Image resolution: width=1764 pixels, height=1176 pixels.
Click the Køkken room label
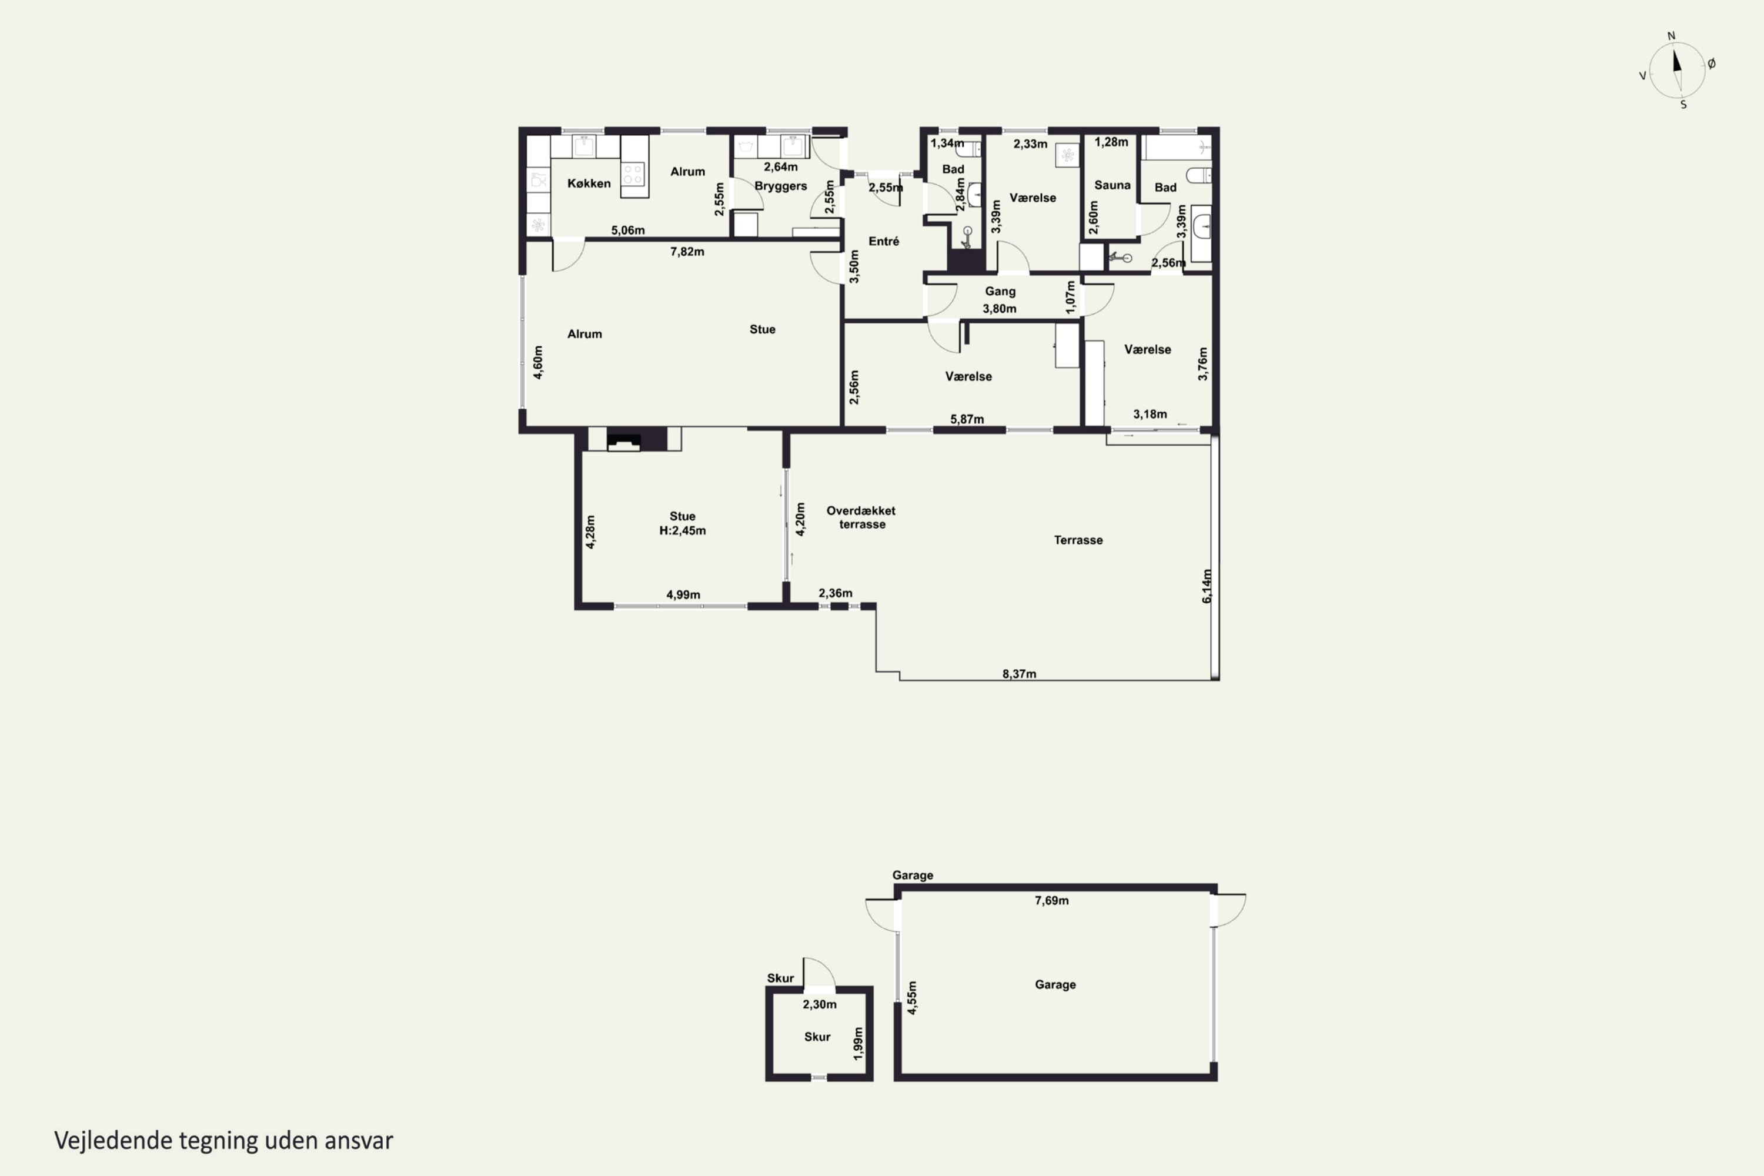[589, 183]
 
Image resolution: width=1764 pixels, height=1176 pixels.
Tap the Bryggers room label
[781, 186]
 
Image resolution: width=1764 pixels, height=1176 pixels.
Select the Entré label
[884, 240]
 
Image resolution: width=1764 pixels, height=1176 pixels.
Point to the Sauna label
[1112, 185]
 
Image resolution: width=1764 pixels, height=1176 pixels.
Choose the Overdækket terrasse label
[861, 517]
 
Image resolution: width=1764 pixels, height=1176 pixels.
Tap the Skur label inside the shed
[817, 1037]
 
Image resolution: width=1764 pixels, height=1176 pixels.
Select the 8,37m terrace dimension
[1019, 673]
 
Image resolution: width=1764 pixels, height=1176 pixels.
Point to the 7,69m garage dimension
[1051, 900]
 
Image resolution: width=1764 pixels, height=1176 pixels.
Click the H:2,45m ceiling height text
[683, 530]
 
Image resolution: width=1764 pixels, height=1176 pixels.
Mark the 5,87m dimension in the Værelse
[967, 419]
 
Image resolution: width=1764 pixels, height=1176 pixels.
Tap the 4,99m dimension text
[683, 594]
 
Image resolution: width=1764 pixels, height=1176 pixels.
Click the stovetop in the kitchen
[634, 175]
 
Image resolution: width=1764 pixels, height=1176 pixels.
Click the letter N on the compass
[1671, 36]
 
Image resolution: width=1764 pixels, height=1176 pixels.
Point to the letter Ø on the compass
[1712, 64]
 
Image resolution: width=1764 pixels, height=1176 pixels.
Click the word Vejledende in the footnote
[113, 1141]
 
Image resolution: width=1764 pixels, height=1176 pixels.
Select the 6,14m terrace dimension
[1207, 586]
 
